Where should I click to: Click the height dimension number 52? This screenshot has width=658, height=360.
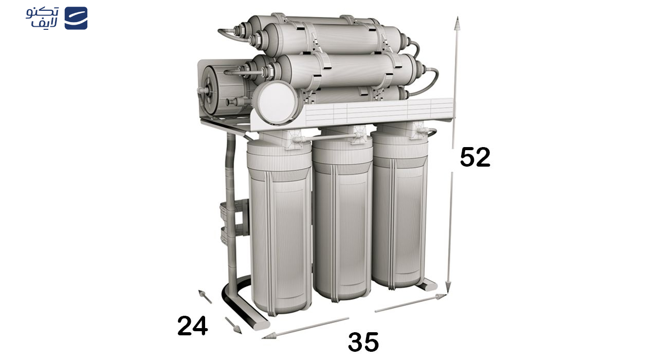[x=475, y=157]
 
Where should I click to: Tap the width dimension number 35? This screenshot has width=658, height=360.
[x=363, y=342]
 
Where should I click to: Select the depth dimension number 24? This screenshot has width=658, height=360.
[x=192, y=326]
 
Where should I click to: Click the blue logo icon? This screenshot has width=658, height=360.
[x=76, y=18]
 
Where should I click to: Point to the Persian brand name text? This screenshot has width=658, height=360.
[x=43, y=18]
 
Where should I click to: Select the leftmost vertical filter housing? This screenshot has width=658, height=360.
[x=279, y=231]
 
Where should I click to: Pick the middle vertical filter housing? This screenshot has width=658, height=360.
[x=342, y=221]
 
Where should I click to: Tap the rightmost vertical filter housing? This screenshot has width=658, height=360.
[x=400, y=211]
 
